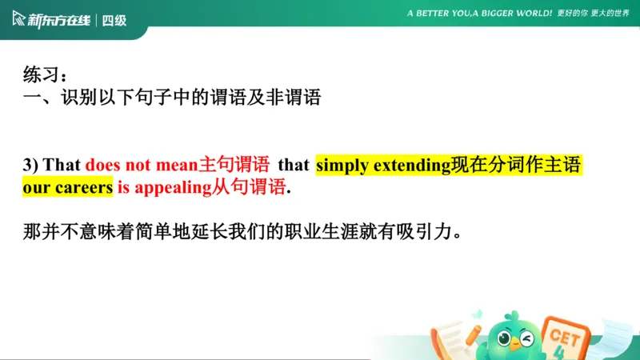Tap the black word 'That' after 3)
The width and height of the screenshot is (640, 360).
[62, 166]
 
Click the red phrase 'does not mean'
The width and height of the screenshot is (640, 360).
[141, 166]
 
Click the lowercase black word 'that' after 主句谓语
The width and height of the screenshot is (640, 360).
[294, 166]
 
